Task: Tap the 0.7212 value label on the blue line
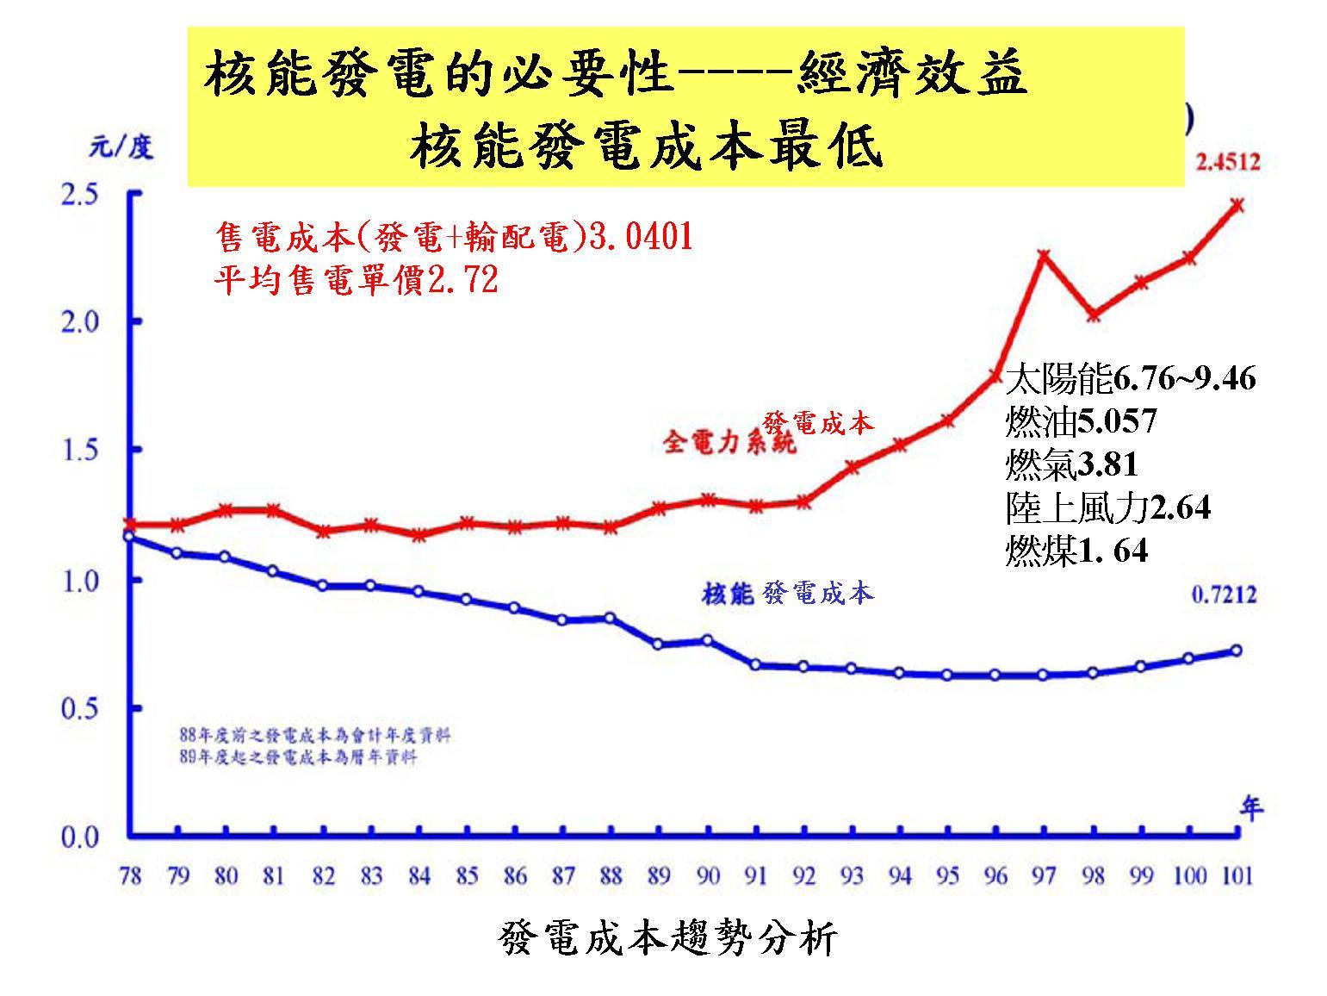click(x=1224, y=594)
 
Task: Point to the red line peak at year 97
click(x=1044, y=255)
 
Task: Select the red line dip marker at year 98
click(x=1093, y=314)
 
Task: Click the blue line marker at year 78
click(x=129, y=537)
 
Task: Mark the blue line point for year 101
click(x=1237, y=651)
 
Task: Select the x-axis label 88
click(x=610, y=876)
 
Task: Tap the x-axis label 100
click(x=1188, y=876)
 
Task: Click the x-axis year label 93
click(x=852, y=876)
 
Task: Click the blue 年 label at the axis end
click(x=1251, y=808)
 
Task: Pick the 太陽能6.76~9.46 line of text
click(x=1130, y=378)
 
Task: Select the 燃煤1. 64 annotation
click(x=1076, y=550)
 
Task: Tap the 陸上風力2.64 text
click(x=1107, y=507)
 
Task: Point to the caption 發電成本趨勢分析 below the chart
click(x=667, y=939)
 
